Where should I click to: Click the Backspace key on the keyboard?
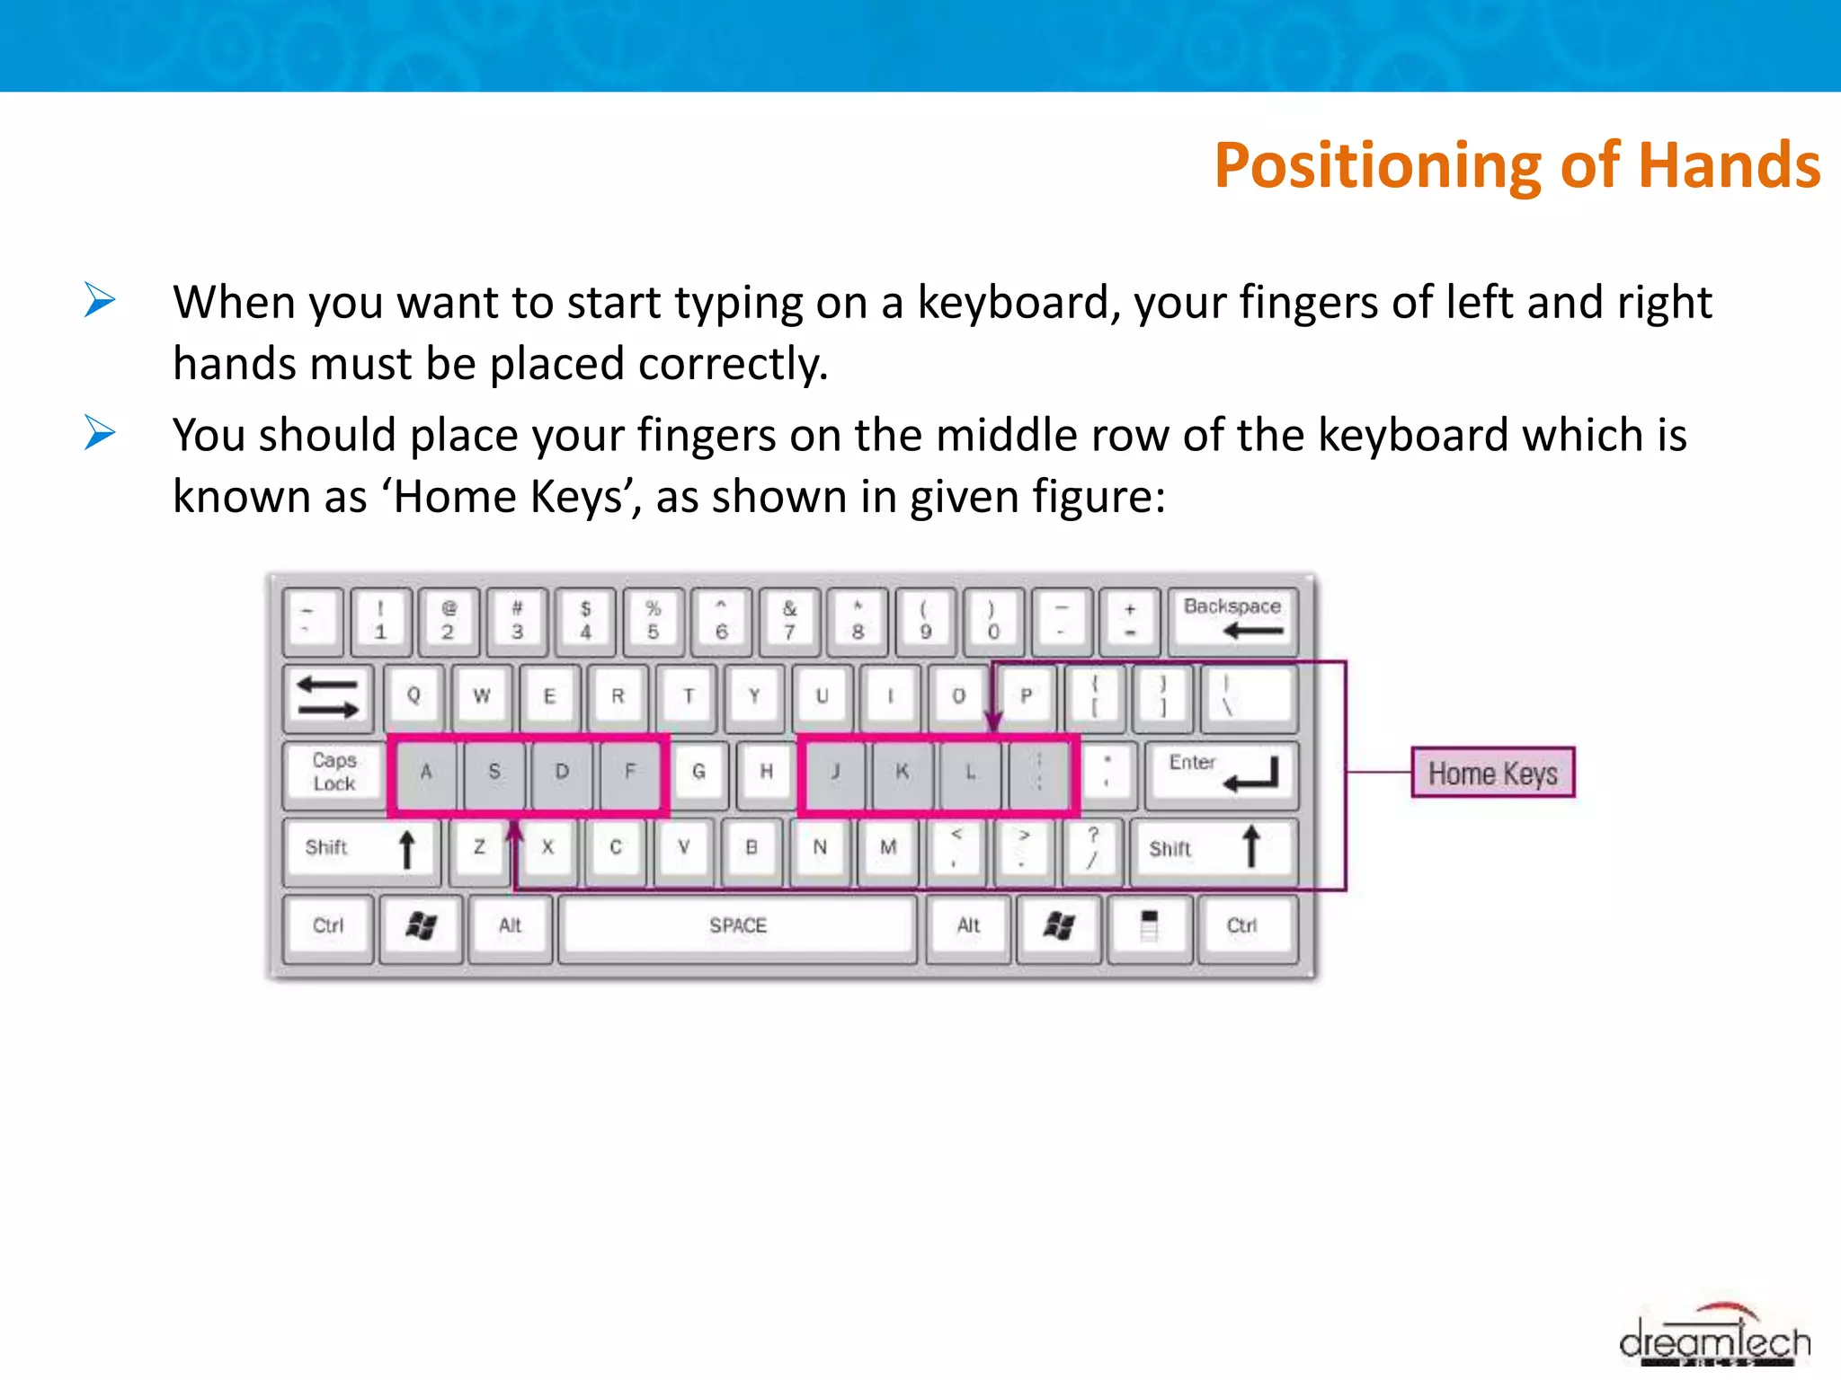tap(1232, 620)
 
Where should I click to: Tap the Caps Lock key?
tap(334, 772)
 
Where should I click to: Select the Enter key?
tap(1222, 772)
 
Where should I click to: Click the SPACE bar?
tap(737, 925)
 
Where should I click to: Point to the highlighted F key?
tap(630, 772)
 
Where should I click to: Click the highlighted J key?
tap(835, 772)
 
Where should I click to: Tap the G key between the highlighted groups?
tap(698, 772)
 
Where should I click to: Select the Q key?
tap(414, 696)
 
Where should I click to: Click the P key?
tap(1026, 696)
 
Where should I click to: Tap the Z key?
tap(479, 847)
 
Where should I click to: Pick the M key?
tap(888, 847)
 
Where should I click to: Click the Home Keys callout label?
tap(1492, 773)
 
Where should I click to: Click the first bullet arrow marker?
tap(100, 300)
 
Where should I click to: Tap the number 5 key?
tap(654, 620)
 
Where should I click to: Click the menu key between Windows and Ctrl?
tap(1149, 925)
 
